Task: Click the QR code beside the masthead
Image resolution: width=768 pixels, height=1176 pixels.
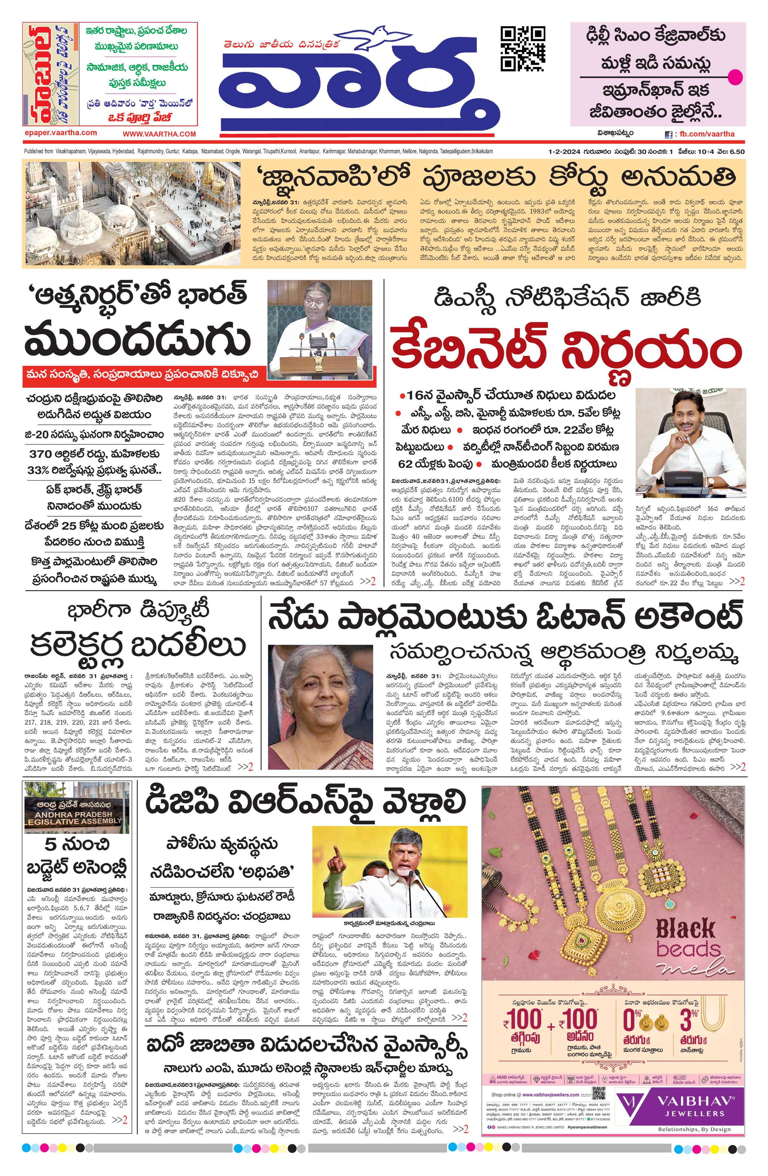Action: tap(523, 48)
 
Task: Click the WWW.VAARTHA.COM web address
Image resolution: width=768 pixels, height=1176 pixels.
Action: tap(159, 134)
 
